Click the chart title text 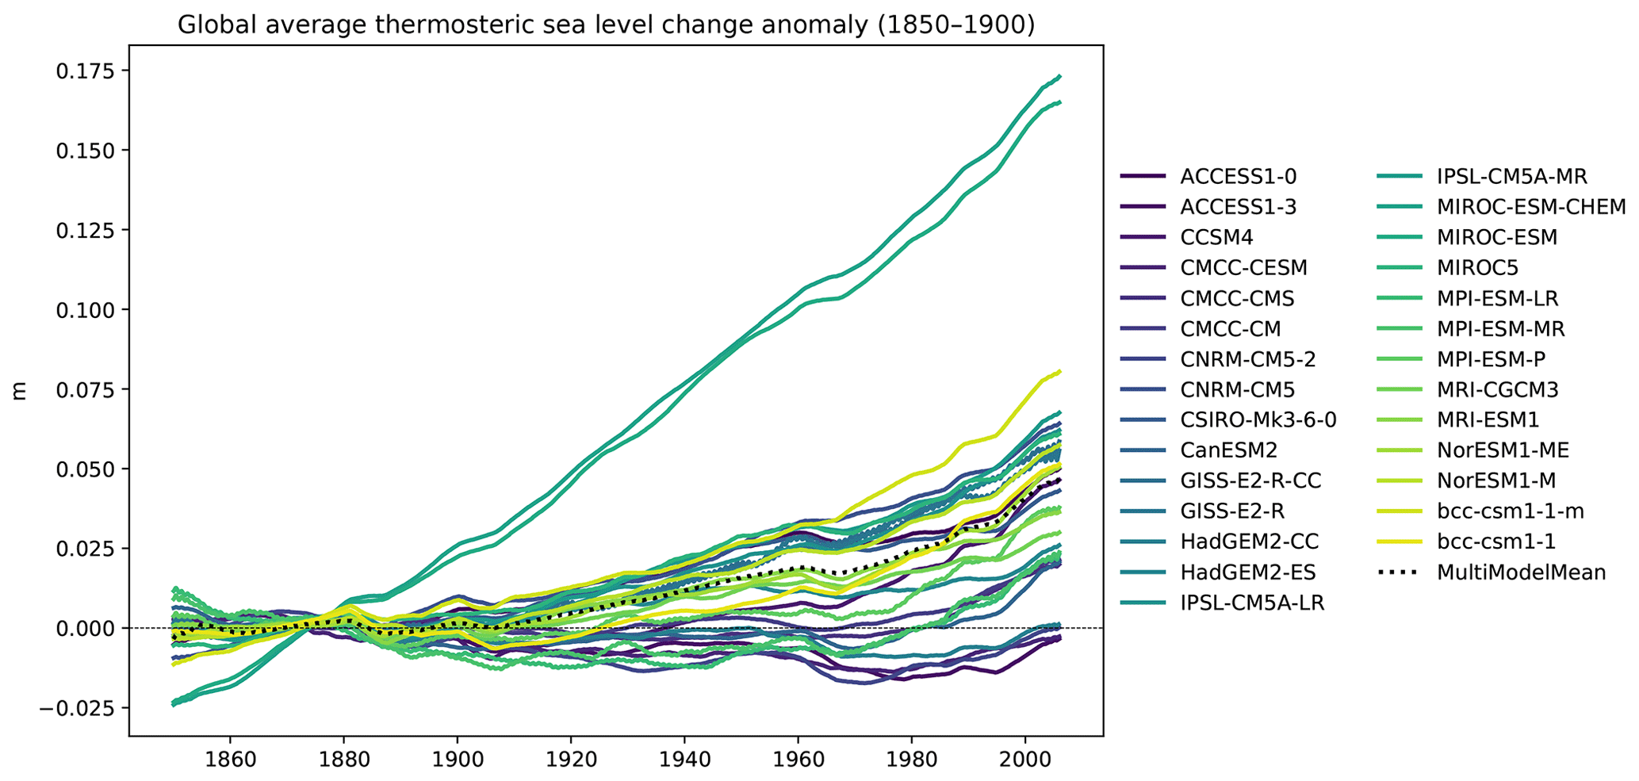[606, 25]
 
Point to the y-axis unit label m [20, 390]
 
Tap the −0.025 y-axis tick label [79, 708]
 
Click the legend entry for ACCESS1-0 [1238, 177]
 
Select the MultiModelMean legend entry [1521, 572]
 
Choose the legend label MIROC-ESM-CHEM [1530, 207]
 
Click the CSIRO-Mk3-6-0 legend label [1258, 420]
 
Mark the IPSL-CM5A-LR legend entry [1251, 603]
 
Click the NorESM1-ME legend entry [1503, 451]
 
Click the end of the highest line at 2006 [1059, 77]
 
